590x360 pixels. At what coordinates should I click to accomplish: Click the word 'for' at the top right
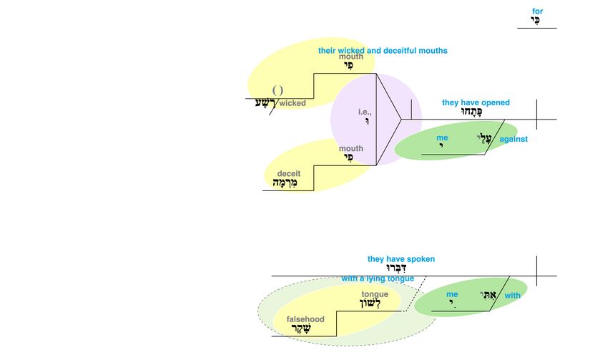click(537, 11)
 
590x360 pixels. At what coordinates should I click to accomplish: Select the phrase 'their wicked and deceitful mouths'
click(383, 51)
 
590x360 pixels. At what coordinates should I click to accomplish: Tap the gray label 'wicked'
click(292, 103)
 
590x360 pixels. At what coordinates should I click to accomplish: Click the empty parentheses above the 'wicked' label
click(277, 90)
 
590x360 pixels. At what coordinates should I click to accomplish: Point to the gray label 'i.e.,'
click(365, 112)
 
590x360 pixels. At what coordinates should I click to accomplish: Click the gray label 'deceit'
click(288, 173)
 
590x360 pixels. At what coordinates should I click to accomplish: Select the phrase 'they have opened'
click(476, 102)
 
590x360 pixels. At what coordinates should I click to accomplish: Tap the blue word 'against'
click(513, 139)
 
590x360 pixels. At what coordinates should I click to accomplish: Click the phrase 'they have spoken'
click(401, 259)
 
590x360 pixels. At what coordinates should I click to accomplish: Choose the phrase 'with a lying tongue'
click(374, 278)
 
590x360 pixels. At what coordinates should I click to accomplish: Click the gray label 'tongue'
click(375, 294)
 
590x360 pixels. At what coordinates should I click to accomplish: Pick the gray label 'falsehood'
click(305, 319)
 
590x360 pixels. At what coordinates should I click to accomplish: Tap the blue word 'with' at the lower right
click(513, 295)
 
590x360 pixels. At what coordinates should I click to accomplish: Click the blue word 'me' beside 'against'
click(442, 137)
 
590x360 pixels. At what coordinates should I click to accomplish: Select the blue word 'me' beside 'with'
click(452, 294)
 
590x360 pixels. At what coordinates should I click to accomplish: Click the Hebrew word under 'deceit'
click(283, 183)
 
